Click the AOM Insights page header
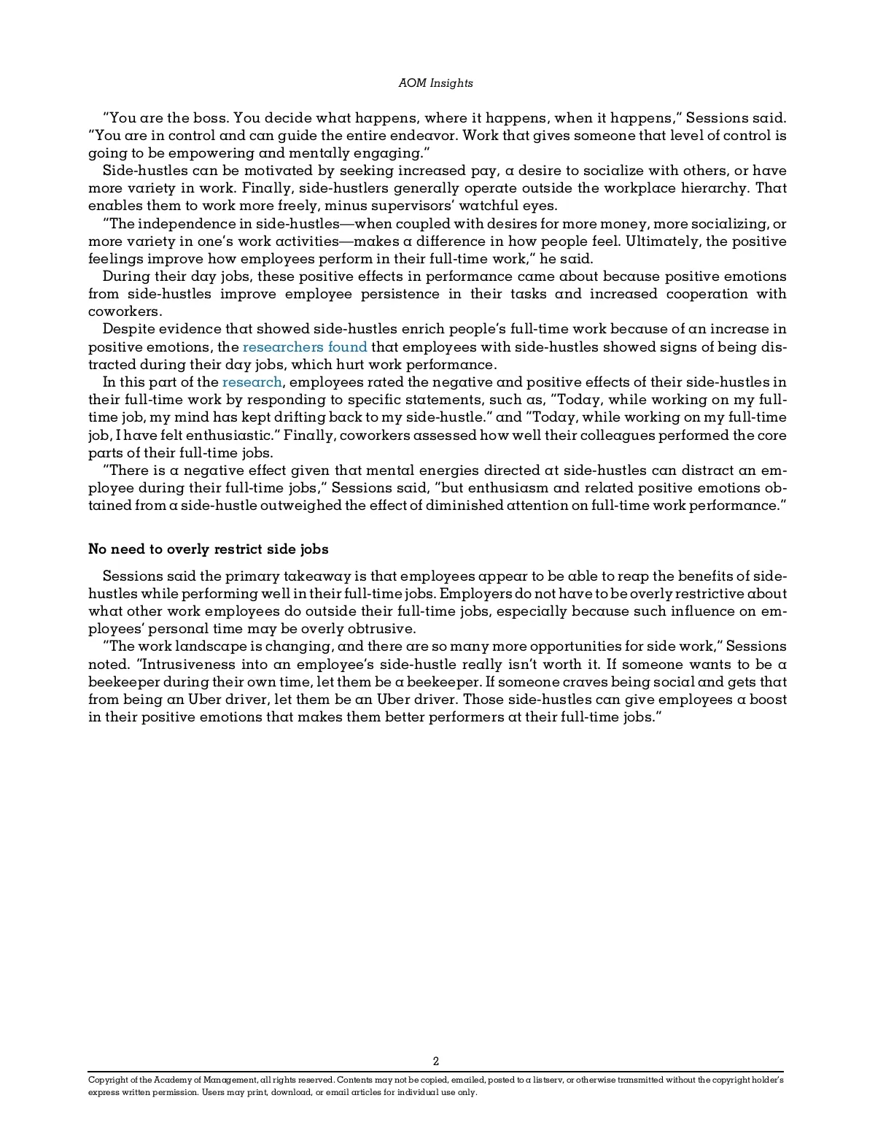tap(435, 83)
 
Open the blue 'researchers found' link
tap(304, 347)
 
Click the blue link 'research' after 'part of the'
tap(252, 382)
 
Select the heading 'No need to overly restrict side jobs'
tap(209, 549)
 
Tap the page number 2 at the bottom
tap(436, 1061)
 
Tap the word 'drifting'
tap(290, 417)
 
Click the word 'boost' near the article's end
tap(768, 700)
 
